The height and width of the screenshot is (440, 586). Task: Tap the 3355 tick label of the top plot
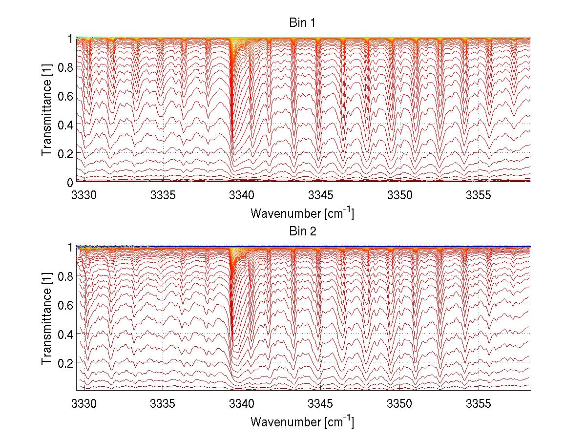click(x=478, y=195)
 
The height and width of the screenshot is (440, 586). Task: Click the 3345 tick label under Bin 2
click(x=321, y=403)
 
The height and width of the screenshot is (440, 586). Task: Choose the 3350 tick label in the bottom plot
click(x=399, y=403)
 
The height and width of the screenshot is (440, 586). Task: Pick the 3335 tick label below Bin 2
click(x=163, y=403)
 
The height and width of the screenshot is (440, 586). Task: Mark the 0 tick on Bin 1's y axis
click(x=70, y=182)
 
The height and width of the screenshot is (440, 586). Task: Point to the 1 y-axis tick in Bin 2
click(x=70, y=247)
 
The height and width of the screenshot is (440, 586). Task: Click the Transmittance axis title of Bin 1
click(x=46, y=110)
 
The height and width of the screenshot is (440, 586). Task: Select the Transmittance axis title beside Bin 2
click(x=46, y=318)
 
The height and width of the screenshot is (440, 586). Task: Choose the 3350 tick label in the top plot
click(x=399, y=195)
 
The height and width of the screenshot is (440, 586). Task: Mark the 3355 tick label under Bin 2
click(x=478, y=403)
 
